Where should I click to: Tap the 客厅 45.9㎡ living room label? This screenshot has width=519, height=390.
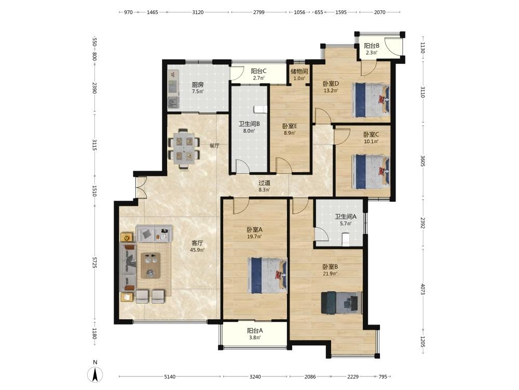point(197,246)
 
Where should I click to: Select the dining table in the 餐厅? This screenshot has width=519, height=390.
point(184,149)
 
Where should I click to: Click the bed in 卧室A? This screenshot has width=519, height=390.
point(267,275)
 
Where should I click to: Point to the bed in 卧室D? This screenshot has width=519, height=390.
point(371,99)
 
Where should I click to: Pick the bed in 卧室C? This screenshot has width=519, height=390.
point(371,172)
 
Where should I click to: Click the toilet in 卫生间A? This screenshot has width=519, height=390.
point(345,239)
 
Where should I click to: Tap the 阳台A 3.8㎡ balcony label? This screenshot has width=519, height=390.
point(255,334)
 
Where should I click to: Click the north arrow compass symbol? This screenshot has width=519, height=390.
point(95,372)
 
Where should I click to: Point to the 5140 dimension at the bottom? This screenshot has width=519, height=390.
point(170,376)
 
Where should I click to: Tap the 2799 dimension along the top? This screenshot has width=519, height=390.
point(259,12)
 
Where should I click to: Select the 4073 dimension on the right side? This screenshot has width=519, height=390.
point(422,289)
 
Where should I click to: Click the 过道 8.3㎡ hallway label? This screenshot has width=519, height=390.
point(264,186)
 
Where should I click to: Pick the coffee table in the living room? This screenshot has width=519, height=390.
point(151,265)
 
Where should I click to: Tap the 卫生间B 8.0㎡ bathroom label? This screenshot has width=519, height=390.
point(249,127)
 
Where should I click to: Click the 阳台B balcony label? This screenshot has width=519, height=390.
point(372,46)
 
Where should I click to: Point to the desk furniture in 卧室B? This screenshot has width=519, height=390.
point(342,303)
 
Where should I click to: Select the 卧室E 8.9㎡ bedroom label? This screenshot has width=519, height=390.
point(290,129)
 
